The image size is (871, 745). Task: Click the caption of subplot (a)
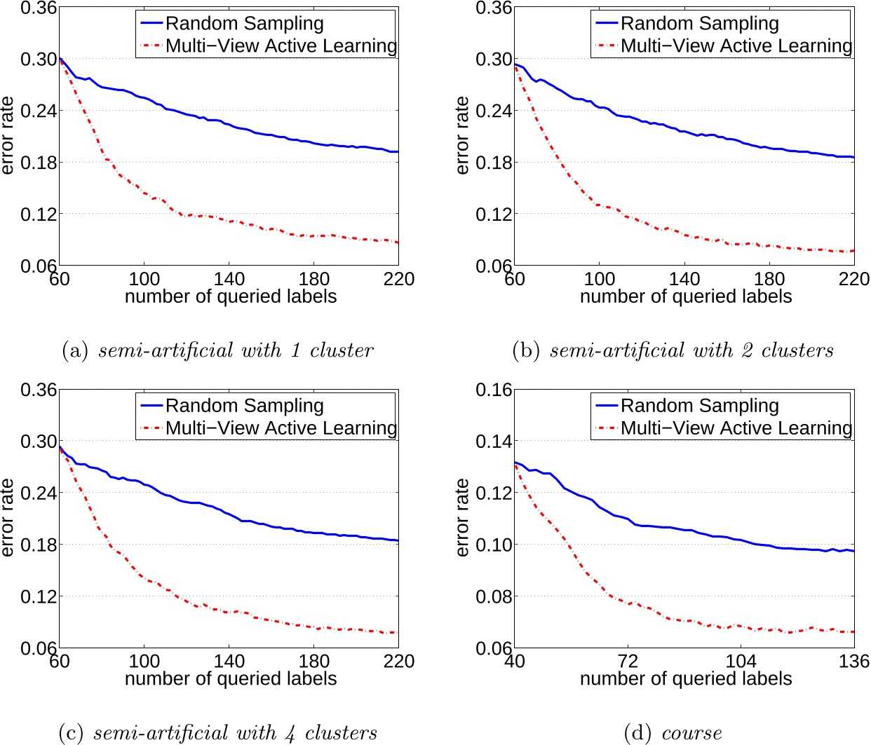(217, 350)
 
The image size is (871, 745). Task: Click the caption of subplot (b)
(673, 350)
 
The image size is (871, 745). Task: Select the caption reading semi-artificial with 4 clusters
(218, 732)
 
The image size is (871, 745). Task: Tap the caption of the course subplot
(673, 732)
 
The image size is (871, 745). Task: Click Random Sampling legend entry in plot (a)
(244, 23)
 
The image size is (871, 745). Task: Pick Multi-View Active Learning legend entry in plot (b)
(736, 46)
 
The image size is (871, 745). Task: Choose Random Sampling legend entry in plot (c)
(244, 406)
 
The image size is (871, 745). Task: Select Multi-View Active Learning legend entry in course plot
(736, 428)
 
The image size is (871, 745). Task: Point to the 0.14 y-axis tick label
(494, 442)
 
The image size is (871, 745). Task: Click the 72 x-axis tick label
(628, 661)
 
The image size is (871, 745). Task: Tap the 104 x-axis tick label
(741, 661)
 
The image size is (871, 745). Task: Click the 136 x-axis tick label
(853, 661)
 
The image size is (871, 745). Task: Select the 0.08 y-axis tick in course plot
(494, 596)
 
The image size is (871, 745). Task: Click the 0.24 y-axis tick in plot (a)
(39, 111)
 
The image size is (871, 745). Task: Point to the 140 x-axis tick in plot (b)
(684, 279)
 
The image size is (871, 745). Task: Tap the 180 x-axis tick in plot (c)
(313, 661)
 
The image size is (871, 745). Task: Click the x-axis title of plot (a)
(230, 296)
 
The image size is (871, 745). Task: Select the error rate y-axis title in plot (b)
(462, 135)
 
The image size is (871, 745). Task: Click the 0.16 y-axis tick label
(494, 390)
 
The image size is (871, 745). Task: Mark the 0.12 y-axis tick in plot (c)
(39, 596)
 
